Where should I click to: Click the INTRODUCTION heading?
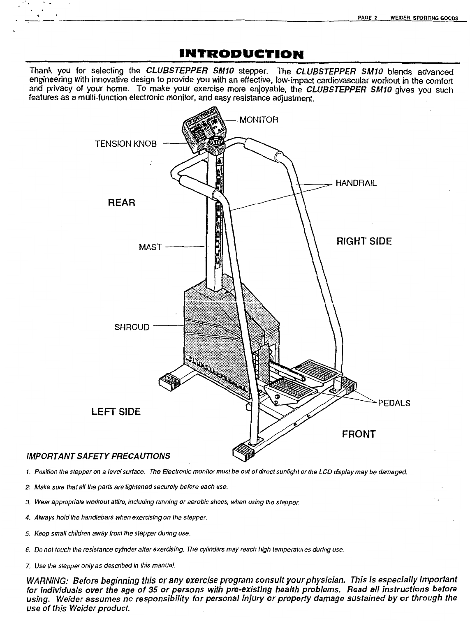[236, 53]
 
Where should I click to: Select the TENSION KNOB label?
[126, 144]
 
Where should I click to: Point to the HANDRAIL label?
[356, 183]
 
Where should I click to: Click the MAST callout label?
[150, 247]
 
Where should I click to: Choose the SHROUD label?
[132, 328]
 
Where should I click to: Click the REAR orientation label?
[121, 203]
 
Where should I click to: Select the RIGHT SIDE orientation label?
[364, 241]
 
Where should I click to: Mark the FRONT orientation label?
[359, 434]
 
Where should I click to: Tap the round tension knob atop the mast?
[217, 143]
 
